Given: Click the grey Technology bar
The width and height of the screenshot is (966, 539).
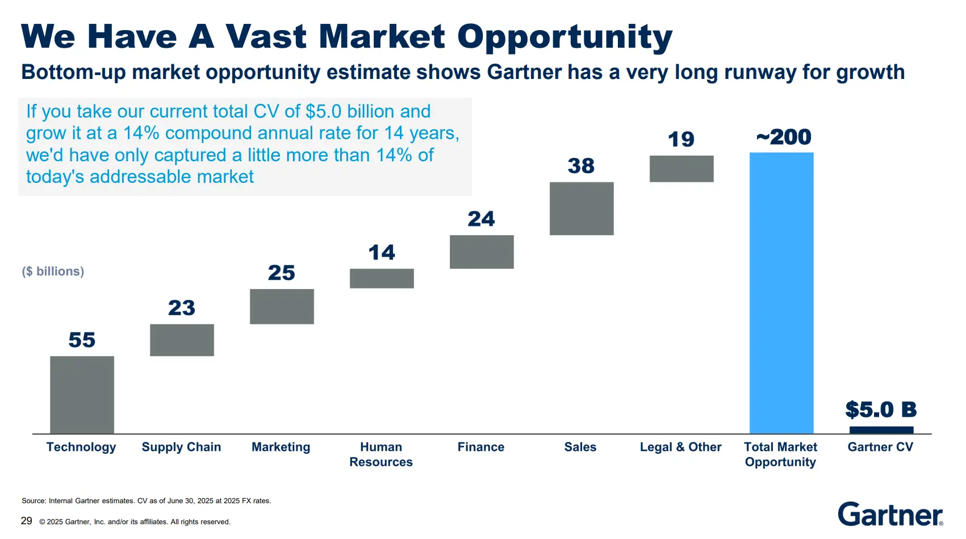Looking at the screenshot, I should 82,395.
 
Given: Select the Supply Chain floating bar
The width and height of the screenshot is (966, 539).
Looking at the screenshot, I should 182,340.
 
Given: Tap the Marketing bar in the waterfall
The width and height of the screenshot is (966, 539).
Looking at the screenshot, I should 282,307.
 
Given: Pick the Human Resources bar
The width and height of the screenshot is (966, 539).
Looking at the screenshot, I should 382,278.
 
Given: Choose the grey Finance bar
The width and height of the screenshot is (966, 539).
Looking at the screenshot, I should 482,252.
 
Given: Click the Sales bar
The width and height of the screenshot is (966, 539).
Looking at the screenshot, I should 582,208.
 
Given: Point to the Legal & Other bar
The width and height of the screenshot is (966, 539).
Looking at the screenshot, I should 681,169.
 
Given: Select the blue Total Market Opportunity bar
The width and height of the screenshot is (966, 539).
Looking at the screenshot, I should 781,293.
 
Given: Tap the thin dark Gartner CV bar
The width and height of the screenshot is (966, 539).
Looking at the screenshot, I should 881,430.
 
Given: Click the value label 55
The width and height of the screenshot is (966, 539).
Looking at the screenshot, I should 82,340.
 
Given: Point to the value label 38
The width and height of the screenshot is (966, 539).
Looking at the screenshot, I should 581,166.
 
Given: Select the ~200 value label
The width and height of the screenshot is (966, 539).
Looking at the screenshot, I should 784,137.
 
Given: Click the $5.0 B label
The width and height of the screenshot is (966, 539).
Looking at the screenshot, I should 881,409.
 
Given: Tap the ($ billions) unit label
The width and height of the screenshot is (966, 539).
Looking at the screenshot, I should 53,271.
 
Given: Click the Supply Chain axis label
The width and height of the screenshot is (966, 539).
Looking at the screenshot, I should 181,447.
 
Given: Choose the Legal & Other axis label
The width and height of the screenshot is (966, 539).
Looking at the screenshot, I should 680,447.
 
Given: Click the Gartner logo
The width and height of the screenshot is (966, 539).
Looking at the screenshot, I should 890,514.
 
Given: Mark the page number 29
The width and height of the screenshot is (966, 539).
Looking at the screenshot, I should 26,521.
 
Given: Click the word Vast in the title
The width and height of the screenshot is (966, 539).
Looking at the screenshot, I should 266,37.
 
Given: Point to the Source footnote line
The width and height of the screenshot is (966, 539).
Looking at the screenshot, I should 146,501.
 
